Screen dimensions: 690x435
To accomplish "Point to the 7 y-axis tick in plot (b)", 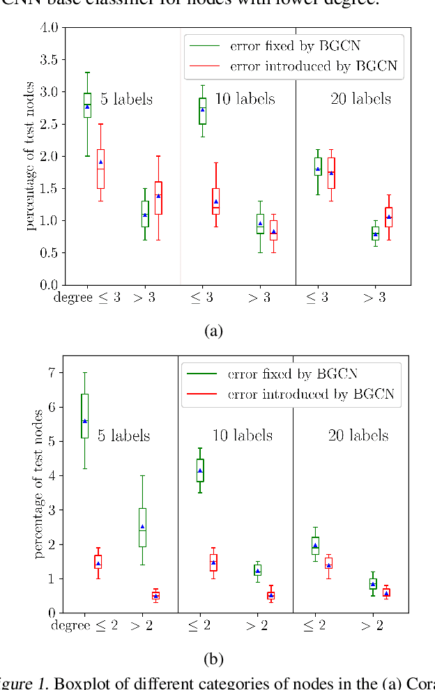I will pos(50,373).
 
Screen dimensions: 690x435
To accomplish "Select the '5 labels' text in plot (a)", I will pos(126,99).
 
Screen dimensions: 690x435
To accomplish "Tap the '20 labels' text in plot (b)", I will pos(358,436).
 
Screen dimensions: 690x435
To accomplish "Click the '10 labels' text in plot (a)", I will pos(245,99).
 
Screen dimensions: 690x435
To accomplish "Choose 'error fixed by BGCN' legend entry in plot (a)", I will pos(296,47).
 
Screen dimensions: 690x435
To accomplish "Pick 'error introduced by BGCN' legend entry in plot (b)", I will pos(310,394).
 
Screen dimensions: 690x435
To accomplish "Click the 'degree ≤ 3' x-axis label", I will pos(87,298).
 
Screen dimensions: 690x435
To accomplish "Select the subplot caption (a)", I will pos(213,330).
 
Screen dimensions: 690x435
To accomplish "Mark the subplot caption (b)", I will pos(213,658).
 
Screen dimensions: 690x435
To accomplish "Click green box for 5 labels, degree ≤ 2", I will pos(85,415).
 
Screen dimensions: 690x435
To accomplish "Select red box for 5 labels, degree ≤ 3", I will pos(100,169).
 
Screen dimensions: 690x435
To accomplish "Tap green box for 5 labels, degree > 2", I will pos(142,528).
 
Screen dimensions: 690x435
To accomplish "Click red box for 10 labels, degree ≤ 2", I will pos(213,562).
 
